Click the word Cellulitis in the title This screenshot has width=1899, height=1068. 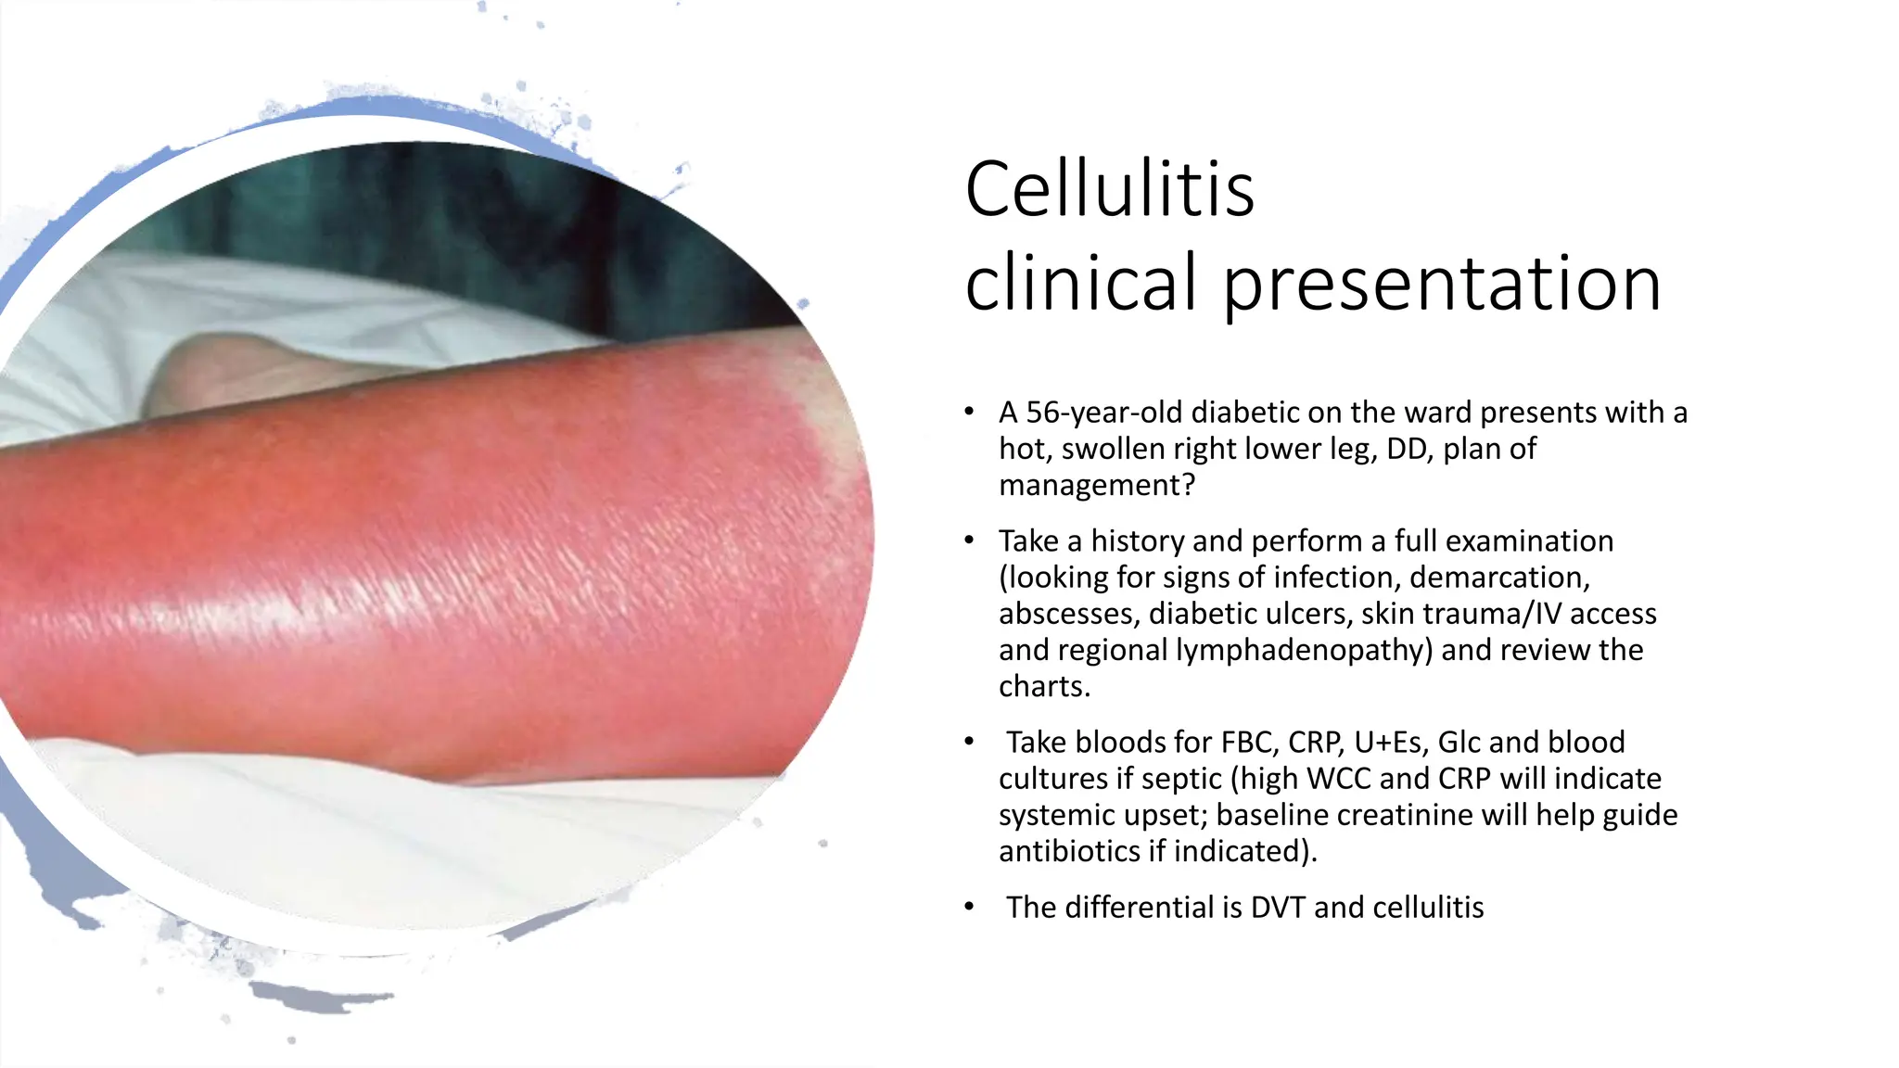click(x=1109, y=189)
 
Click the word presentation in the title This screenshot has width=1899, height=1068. click(x=1442, y=284)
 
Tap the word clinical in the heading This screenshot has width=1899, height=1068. click(x=1081, y=282)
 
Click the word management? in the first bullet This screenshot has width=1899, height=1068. click(x=1097, y=485)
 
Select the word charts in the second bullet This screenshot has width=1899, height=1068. click(x=1041, y=686)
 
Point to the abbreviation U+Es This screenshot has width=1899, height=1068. click(x=1388, y=743)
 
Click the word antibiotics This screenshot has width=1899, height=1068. click(x=1068, y=851)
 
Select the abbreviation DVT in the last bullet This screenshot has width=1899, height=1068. click(x=1279, y=908)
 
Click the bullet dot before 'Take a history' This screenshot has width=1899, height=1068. click(x=969, y=540)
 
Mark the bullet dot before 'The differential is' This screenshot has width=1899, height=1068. click(x=969, y=907)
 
